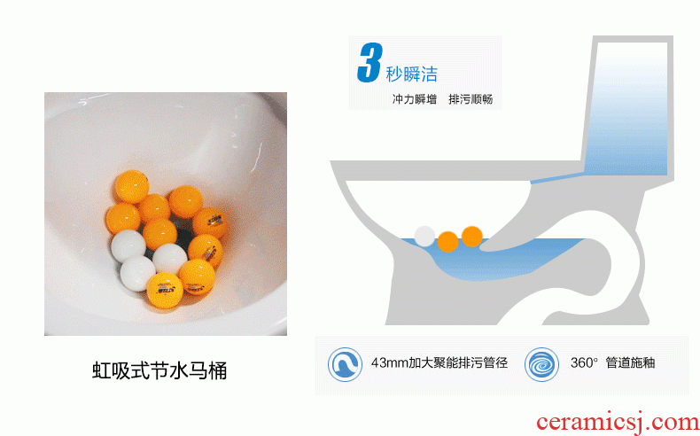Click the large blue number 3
(370, 62)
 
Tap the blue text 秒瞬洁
(412, 74)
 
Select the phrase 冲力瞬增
(415, 99)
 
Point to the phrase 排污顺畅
(471, 99)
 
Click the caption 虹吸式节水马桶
(159, 370)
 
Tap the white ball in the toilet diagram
(424, 236)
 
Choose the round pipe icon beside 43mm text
(345, 364)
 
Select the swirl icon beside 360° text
(541, 364)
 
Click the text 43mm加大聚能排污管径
(439, 362)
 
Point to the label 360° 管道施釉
(612, 362)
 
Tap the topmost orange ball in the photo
(132, 186)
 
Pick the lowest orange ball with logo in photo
(165, 291)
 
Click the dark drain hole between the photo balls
(184, 236)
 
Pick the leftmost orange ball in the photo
(123, 219)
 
